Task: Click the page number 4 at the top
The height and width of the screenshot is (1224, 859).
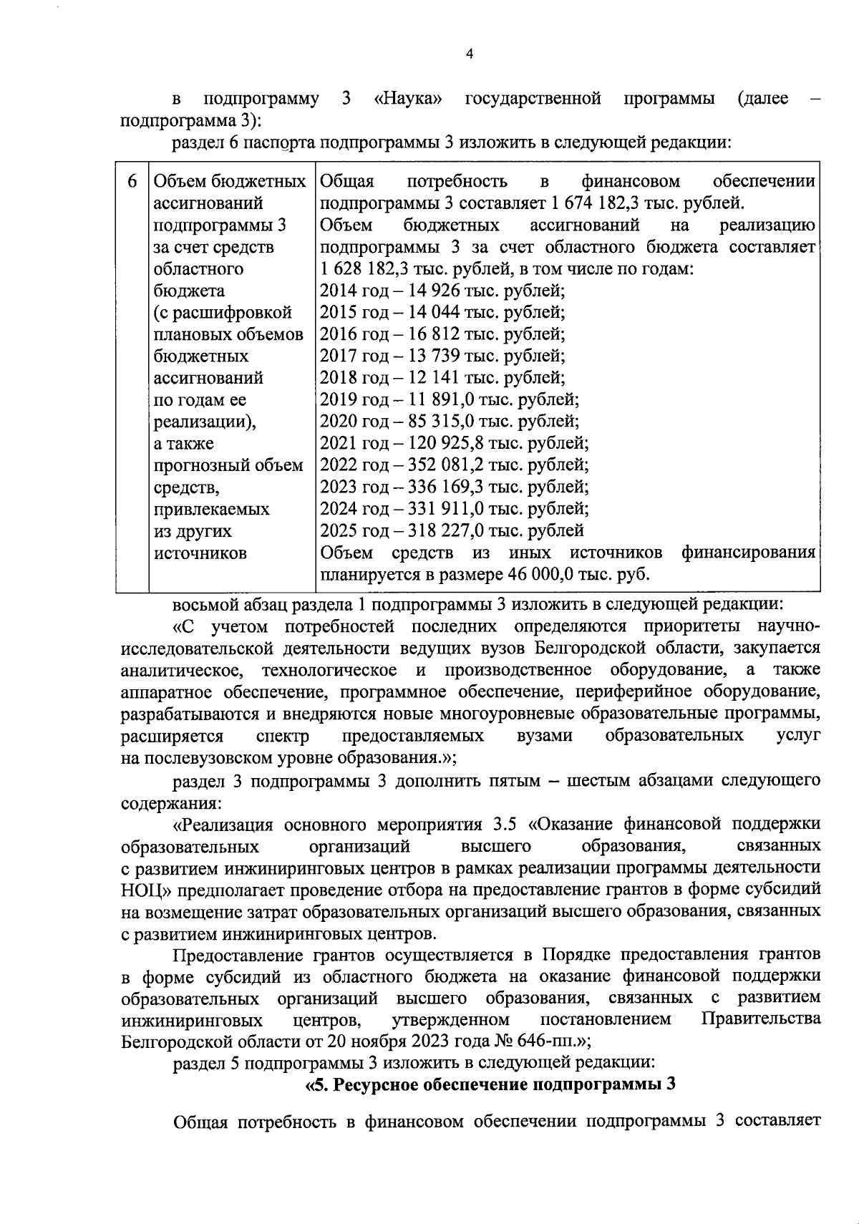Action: pos(469,55)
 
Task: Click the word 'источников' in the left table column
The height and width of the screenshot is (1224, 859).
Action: pos(200,553)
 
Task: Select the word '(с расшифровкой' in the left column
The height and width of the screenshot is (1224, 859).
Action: pos(223,313)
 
